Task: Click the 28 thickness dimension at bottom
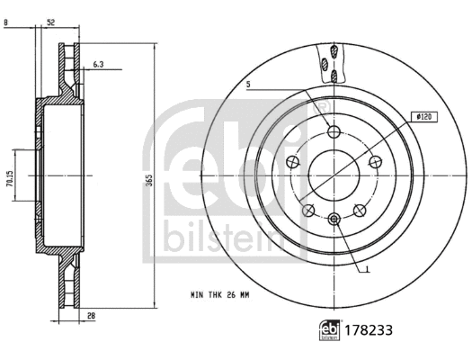pyautogui.click(x=91, y=316)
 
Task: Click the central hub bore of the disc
pyautogui.click(x=334, y=173)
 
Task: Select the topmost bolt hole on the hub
pyautogui.click(x=334, y=132)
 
